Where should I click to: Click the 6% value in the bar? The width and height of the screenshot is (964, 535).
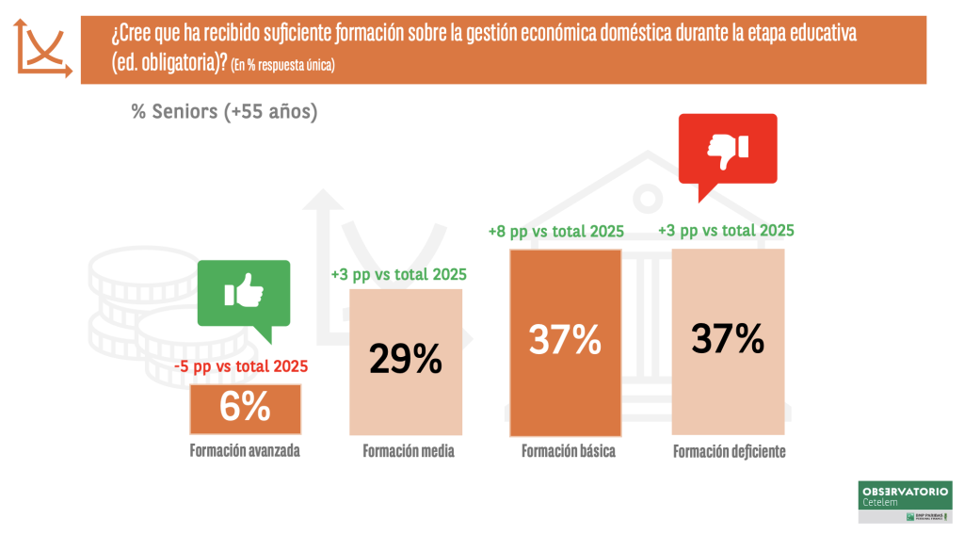pos(245,407)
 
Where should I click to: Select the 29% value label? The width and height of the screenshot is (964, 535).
pos(405,358)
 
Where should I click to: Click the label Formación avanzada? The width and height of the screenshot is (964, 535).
pos(245,450)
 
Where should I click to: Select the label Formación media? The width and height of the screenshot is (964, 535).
pos(408,451)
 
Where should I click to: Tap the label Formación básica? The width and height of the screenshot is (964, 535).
pos(568,451)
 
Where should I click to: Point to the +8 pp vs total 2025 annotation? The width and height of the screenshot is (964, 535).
pos(556,232)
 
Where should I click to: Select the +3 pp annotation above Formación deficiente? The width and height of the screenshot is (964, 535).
pos(725,230)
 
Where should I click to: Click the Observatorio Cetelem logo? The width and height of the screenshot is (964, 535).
pos(905,502)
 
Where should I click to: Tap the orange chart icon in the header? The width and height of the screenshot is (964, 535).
pos(42,48)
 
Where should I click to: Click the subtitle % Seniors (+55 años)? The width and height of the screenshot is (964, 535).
pos(224,111)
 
